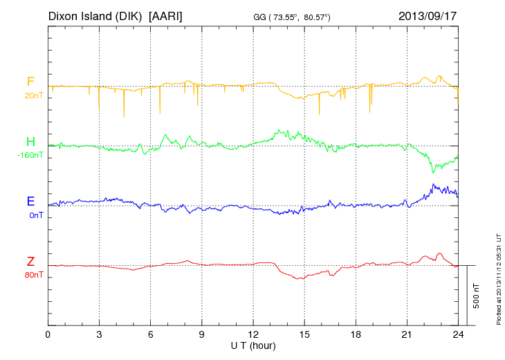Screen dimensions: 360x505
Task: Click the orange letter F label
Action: pos(30,82)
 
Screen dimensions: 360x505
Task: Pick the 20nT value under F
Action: pos(33,96)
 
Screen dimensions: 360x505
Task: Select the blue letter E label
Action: pos(30,201)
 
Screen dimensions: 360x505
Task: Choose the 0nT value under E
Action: pos(35,215)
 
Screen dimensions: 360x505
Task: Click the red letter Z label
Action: pos(30,262)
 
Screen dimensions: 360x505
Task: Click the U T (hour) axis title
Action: pos(253,345)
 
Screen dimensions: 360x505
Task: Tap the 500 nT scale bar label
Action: pos(477,295)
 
